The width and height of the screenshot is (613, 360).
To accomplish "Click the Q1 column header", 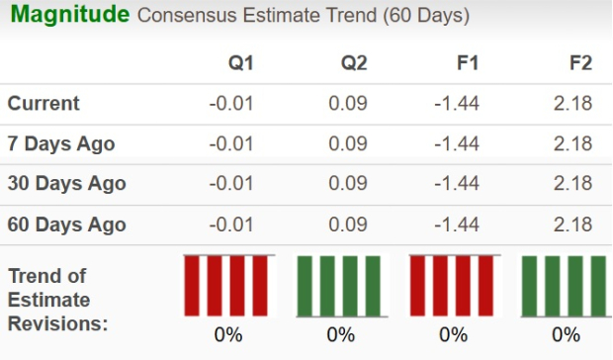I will coord(240,63).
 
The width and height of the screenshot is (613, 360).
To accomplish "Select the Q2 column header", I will coord(354,63).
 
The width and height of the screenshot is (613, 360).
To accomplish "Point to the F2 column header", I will coord(580,63).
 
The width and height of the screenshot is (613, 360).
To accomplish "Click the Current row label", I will coord(44,104).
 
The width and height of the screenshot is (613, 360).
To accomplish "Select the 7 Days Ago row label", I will coord(60,144).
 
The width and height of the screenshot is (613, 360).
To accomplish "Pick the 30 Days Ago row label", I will coord(66,184).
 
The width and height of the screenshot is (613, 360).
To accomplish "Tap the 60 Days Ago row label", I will coord(66,225).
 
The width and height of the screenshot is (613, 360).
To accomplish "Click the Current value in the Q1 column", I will coord(232,104).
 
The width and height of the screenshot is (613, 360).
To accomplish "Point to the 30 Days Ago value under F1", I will coord(458,184).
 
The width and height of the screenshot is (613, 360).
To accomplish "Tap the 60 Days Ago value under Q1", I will coord(232,225).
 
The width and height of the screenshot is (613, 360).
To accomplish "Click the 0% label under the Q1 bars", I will coord(228,334).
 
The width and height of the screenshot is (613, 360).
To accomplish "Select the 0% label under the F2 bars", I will coord(567,334).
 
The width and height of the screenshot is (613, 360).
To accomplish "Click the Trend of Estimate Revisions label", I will coord(56,299).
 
